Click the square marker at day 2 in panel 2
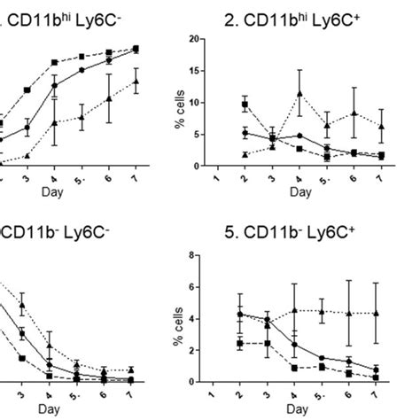point(244,105)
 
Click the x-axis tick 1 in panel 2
point(216,175)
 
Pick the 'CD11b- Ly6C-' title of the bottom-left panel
point(49,234)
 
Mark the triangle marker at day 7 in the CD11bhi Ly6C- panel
point(136,82)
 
